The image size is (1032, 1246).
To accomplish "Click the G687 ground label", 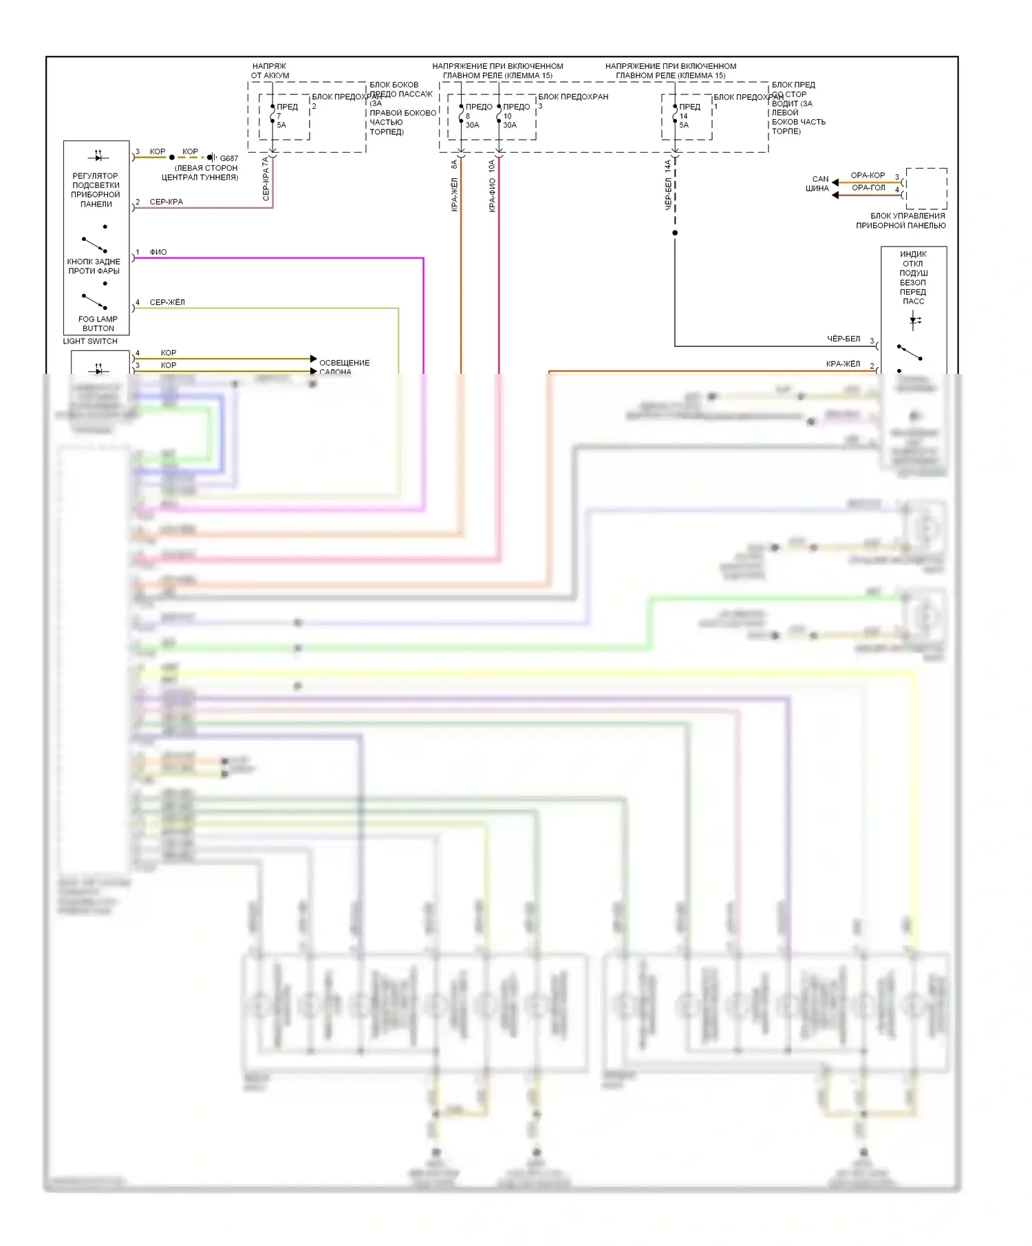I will (228, 158).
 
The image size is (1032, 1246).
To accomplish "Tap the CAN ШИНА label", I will (818, 184).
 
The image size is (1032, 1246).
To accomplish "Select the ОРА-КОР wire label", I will (868, 176).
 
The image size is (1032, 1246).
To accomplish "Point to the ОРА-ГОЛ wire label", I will (868, 188).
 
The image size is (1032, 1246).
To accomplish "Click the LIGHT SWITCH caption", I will (90, 341).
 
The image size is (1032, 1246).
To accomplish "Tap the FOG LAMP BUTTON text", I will (98, 324).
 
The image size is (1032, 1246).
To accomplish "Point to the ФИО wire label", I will (158, 253).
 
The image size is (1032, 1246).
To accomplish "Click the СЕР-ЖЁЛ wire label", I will (167, 303).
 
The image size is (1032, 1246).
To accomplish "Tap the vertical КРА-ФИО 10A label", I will (492, 186).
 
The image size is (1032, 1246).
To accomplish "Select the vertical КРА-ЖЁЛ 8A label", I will (454, 186).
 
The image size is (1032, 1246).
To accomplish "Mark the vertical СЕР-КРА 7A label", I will (266, 179).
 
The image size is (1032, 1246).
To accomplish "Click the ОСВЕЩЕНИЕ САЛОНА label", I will (344, 367).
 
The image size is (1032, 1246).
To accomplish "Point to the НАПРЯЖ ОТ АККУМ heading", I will (270, 71).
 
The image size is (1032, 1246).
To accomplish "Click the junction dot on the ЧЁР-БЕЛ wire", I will (675, 233).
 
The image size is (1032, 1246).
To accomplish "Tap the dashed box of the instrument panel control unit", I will (926, 189).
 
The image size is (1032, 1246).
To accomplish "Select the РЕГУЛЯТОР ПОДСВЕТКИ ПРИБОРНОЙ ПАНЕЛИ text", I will (96, 190).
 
